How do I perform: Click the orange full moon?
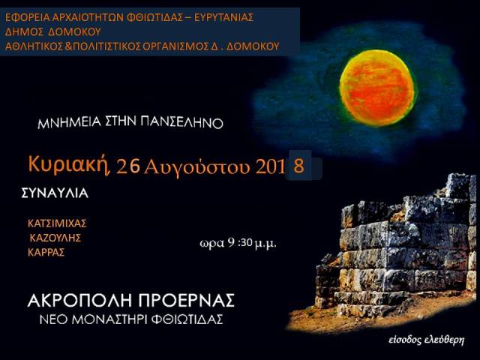376,88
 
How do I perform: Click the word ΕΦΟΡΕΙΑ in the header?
28,17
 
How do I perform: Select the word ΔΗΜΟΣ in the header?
23,31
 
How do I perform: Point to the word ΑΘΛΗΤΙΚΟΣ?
34,46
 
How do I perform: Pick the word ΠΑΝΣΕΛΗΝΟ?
181,122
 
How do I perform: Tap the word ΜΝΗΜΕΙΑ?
69,123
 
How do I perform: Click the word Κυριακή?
69,165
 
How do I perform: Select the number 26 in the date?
128,167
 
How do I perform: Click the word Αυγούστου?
197,167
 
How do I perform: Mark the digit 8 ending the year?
298,166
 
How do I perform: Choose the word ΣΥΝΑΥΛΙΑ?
55,193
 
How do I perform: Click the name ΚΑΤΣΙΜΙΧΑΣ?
57,223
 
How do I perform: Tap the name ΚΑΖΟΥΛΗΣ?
55,238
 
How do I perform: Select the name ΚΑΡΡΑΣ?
46,253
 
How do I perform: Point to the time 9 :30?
240,243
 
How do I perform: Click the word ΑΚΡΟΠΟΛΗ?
80,300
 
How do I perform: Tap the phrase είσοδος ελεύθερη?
427,340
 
